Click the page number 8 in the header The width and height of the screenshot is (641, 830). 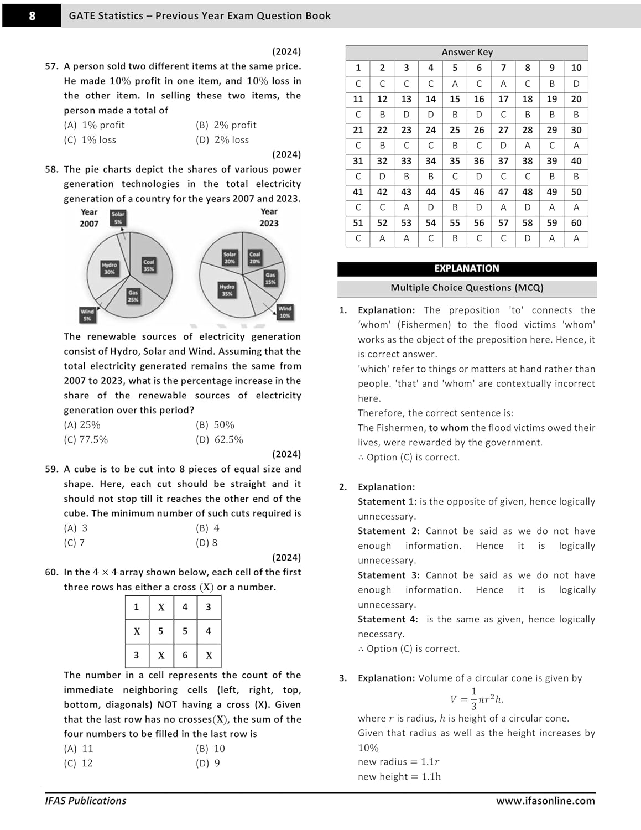point(32,15)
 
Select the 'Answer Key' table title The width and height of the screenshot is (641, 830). point(467,52)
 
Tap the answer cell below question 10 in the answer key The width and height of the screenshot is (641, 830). point(576,84)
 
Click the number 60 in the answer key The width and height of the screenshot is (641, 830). point(576,223)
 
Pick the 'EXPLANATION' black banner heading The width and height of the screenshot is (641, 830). point(467,269)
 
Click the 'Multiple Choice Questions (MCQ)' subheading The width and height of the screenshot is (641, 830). point(467,288)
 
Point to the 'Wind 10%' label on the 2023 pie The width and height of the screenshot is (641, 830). point(285,312)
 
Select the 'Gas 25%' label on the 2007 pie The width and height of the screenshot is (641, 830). point(133,296)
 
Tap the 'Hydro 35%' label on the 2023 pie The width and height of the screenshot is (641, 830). point(227,290)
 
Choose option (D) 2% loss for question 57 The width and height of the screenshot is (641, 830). point(222,140)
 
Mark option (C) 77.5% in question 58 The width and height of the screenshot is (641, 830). point(86,440)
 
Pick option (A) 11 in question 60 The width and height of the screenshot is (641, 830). point(79,749)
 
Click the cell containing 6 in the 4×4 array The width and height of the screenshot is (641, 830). point(185,655)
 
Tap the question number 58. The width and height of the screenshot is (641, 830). point(51,169)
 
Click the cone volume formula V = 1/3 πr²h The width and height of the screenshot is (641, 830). point(477,699)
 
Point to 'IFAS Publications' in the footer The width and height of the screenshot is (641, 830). point(86,801)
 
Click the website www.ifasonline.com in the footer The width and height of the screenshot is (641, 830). point(545,801)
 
